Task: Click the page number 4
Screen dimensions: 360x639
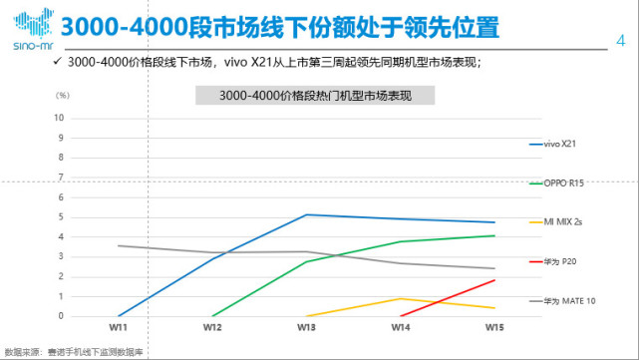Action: (622, 41)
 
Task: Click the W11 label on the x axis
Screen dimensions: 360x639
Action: (119, 326)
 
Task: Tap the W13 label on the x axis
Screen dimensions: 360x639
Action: (306, 326)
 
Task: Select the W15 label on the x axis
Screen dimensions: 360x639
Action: (493, 326)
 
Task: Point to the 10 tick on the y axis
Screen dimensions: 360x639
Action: (62, 117)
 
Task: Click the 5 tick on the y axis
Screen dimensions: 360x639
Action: (63, 216)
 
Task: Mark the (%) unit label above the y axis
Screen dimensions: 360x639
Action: (62, 96)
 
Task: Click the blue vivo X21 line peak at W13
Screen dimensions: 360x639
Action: (306, 214)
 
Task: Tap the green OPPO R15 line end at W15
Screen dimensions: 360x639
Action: (493, 235)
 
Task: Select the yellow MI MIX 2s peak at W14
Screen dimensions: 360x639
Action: (400, 298)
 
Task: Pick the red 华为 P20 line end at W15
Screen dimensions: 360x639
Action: (493, 280)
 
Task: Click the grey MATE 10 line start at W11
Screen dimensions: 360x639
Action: (119, 245)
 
